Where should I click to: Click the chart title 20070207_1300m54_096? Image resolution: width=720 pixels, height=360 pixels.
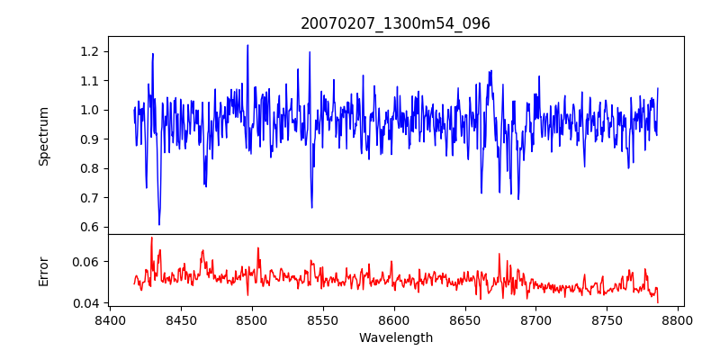point(395,23)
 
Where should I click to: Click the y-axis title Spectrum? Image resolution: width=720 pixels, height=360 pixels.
point(44,136)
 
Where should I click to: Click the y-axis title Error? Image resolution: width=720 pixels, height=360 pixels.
point(44,271)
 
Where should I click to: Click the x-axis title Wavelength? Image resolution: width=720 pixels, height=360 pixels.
point(395,338)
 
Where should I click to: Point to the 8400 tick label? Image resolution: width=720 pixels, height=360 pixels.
point(110,320)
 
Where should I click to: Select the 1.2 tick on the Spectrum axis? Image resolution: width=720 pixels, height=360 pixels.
point(90,51)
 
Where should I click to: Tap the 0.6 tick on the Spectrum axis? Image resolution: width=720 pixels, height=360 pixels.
point(90,227)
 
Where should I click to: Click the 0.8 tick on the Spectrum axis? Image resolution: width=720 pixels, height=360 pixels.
point(90,168)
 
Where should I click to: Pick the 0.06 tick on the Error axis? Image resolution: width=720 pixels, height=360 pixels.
point(86,262)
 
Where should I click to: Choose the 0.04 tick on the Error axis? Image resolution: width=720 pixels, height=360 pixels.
point(86,303)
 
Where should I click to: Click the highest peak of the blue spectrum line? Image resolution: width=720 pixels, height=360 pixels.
point(247,45)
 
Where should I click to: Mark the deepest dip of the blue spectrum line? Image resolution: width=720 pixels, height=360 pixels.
point(159,224)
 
